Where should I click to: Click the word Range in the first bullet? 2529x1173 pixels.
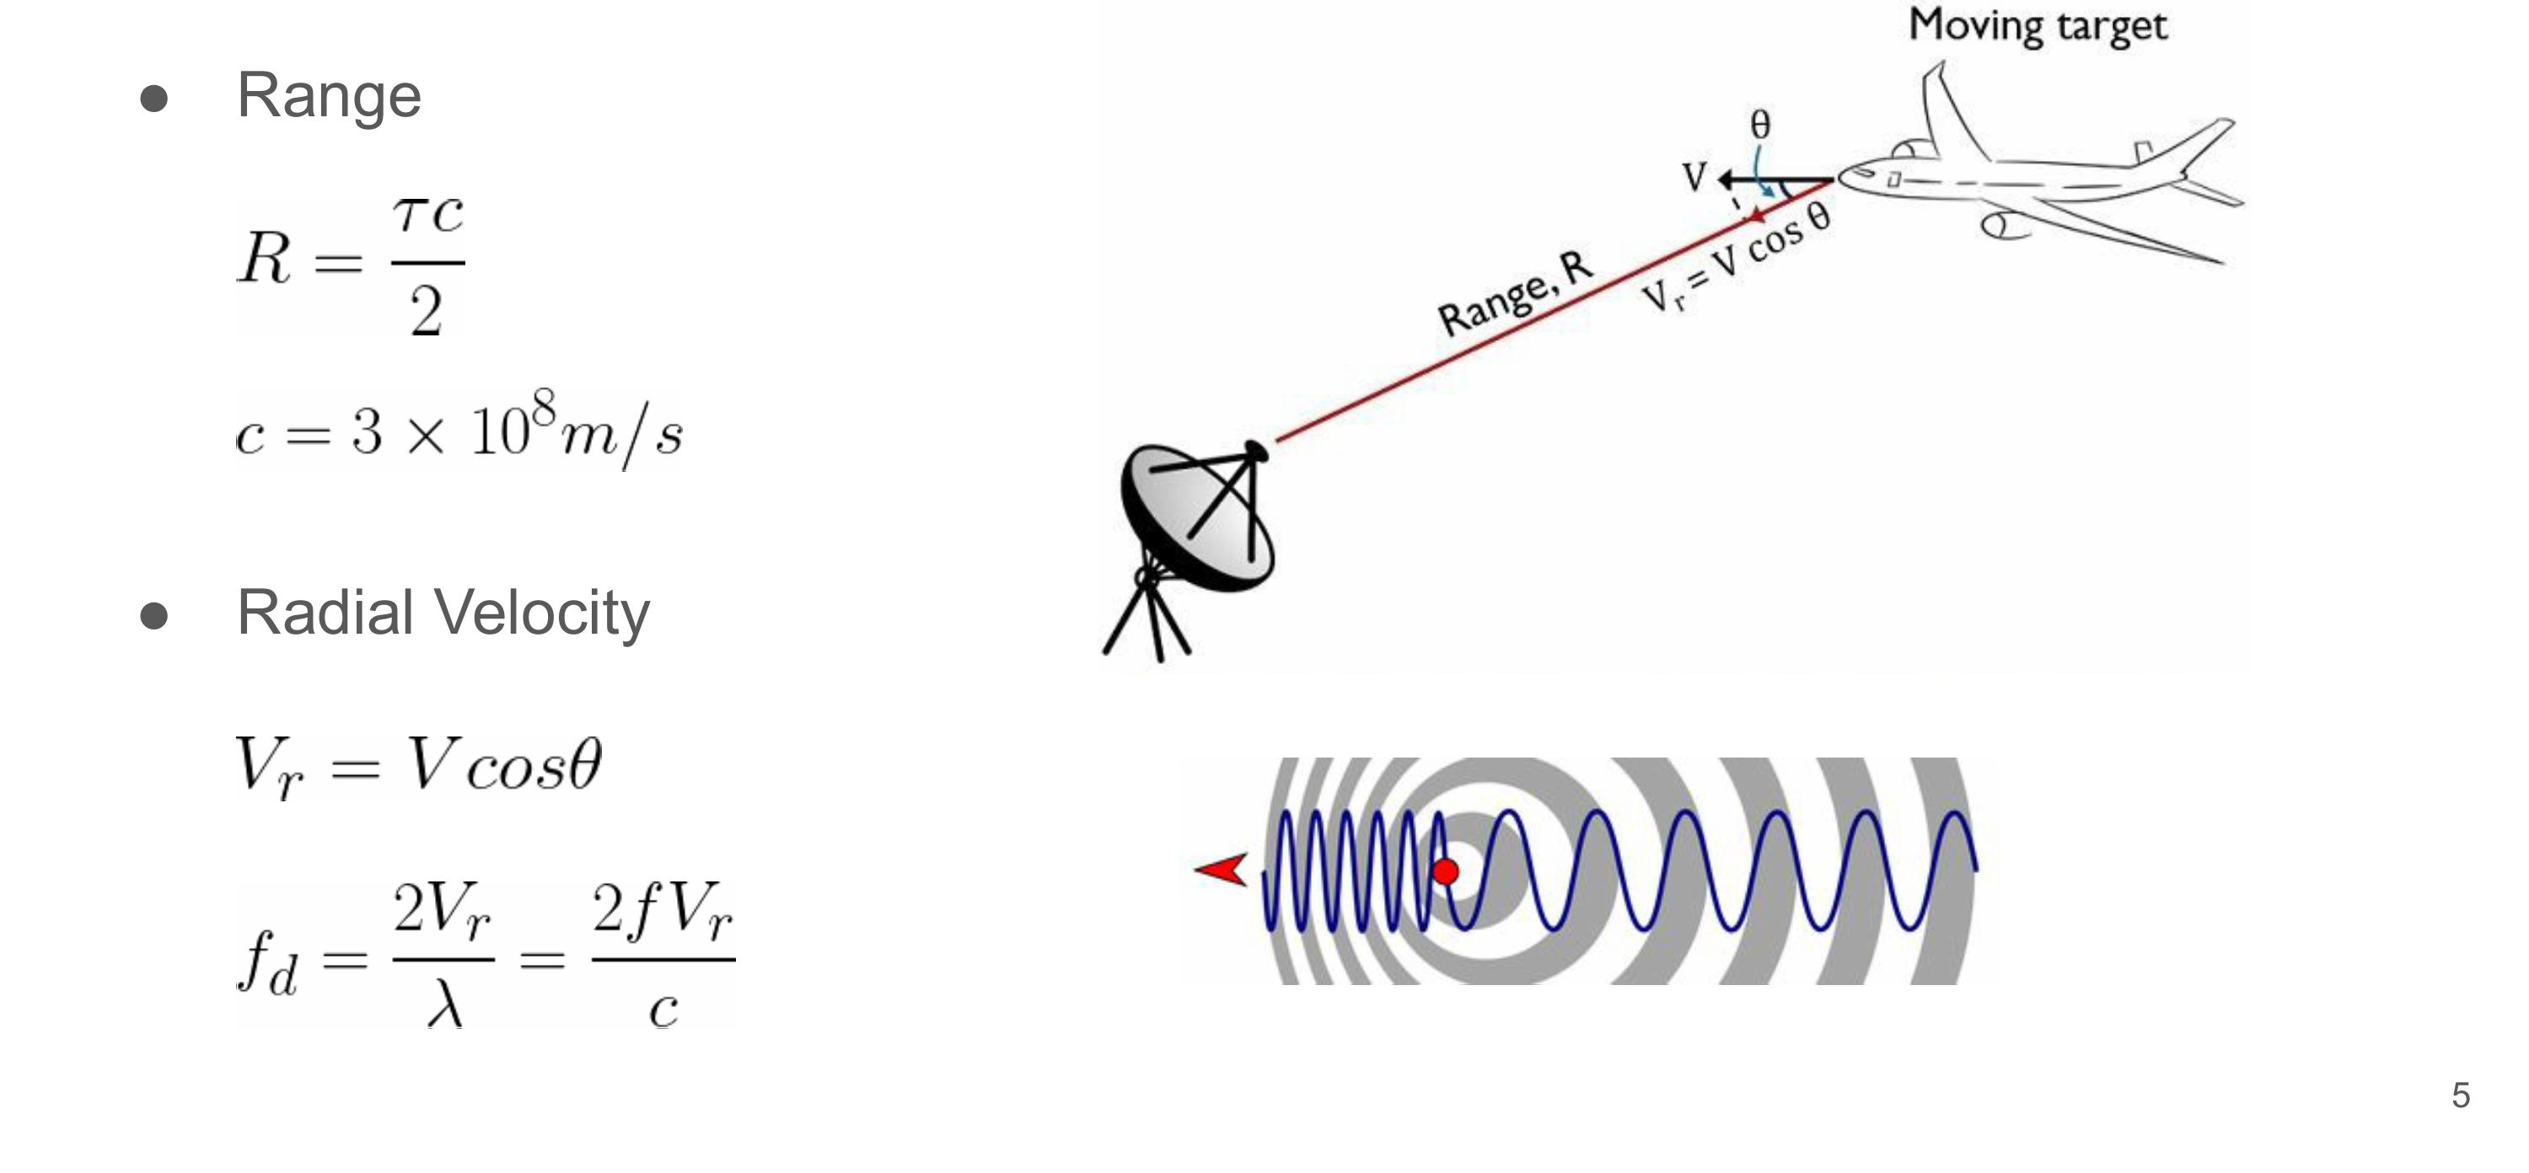click(329, 96)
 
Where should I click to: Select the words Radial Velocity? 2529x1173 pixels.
click(443, 613)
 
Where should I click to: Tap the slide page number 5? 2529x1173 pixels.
click(2460, 1095)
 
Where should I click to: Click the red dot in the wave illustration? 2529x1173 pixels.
click(1445, 870)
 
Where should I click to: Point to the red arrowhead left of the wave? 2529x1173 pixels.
click(1222, 870)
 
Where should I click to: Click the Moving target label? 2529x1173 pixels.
click(2038, 25)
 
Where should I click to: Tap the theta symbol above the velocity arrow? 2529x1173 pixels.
click(1760, 125)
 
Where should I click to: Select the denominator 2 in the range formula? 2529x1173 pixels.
click(426, 313)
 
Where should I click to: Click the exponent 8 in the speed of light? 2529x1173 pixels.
click(543, 405)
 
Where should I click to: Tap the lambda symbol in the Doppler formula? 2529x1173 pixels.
click(443, 1006)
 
